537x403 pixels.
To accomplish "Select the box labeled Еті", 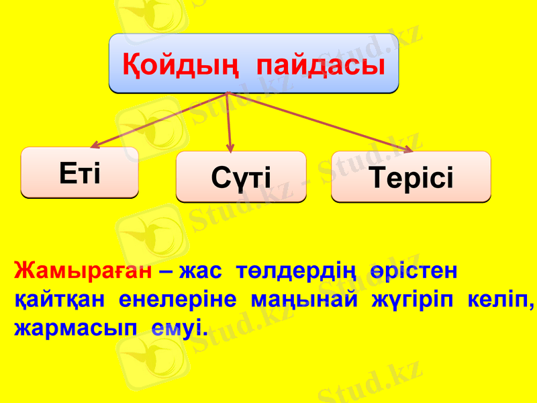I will [80, 173].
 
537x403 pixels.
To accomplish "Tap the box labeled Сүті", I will [241, 177].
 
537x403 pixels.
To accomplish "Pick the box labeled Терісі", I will [411, 177].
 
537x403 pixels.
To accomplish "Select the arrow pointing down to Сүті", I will [230, 121].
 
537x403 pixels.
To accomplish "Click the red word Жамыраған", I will [84, 272].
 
